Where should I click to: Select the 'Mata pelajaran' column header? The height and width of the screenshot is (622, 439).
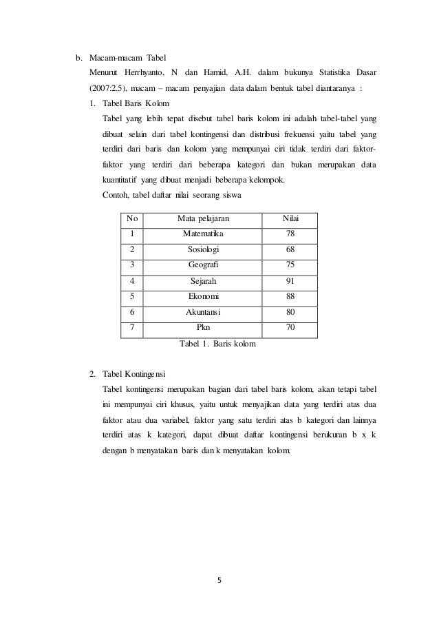point(204,218)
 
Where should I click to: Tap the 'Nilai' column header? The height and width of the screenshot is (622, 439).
point(290,218)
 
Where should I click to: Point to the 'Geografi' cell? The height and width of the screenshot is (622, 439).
point(204,265)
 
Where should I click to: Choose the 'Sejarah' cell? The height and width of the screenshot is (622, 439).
point(204,281)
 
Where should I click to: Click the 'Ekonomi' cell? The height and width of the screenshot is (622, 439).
point(204,296)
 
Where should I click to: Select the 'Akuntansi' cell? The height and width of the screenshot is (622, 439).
point(204,312)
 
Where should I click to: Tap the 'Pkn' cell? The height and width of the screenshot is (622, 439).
point(204,328)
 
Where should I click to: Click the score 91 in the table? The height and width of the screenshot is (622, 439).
point(290,281)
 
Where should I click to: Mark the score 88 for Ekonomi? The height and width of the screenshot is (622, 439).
point(290,296)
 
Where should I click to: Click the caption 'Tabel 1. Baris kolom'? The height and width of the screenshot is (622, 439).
point(217,343)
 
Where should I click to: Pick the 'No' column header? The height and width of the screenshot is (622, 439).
point(132,218)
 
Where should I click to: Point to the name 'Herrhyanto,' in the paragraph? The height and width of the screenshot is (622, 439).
point(151,72)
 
